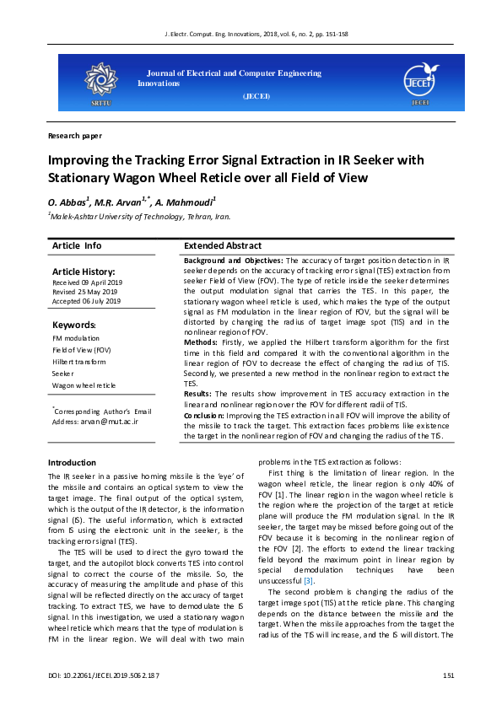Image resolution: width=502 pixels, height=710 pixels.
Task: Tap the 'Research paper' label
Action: coord(75,135)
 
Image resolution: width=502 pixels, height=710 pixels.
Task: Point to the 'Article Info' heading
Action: coord(77,245)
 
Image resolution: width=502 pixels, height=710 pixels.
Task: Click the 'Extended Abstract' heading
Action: coord(222,245)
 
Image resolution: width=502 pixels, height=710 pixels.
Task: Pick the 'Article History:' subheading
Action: coord(84,272)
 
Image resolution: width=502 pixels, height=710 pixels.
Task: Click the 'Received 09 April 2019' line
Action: coord(88,282)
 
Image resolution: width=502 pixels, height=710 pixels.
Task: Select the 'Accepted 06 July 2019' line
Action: coord(86,301)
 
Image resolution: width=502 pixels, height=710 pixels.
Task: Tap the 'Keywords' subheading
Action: coord(74,325)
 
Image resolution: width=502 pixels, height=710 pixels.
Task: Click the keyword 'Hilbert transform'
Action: coord(78,361)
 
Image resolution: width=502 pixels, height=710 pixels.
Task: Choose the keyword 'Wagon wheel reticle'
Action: coord(84,385)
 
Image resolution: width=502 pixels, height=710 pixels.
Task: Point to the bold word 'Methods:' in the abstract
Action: coord(201,343)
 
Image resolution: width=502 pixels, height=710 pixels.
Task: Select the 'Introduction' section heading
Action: coord(72,462)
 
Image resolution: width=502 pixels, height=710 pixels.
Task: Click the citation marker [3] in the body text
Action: coord(309,581)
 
